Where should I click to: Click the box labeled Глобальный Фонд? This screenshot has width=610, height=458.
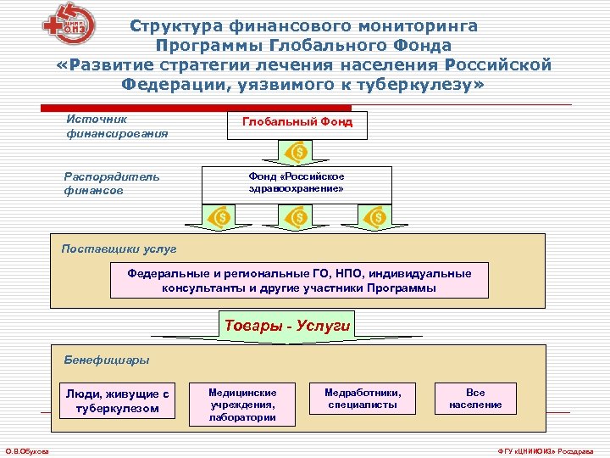[x=297, y=124]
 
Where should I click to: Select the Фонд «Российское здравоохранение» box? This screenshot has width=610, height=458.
[x=297, y=182]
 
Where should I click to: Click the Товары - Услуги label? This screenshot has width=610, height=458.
[x=286, y=325]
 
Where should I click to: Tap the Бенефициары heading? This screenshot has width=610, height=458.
[x=106, y=360]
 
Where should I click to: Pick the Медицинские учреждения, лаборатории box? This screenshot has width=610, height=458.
[x=242, y=404]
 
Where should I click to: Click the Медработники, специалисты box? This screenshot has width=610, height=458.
[x=363, y=398]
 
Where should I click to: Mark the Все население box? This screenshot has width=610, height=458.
[x=475, y=398]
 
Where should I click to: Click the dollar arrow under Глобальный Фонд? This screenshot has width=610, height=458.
[x=299, y=153]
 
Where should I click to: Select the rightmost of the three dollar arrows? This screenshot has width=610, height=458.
[x=377, y=218]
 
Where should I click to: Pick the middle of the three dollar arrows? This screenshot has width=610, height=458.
[x=299, y=218]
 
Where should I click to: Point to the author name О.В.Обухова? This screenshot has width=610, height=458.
[x=27, y=450]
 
